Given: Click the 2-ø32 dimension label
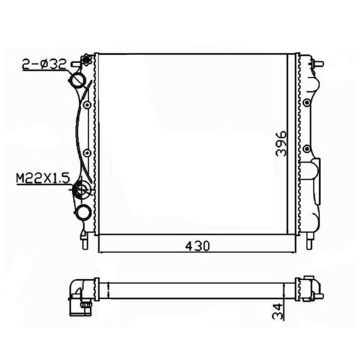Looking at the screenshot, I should [x=43, y=65].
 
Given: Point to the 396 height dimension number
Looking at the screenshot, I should [x=282, y=144].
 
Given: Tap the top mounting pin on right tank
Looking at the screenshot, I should [x=318, y=63].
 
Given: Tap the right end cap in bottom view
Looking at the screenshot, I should [x=309, y=288].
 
